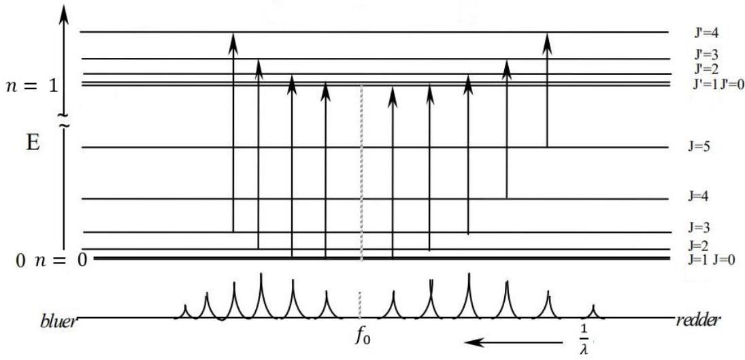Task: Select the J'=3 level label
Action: click(706, 54)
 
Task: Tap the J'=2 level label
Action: click(706, 69)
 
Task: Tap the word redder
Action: click(697, 321)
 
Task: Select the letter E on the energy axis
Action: click(32, 142)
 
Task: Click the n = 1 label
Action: click(31, 87)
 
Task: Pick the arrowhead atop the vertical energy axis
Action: click(64, 14)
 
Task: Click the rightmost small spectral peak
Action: click(593, 312)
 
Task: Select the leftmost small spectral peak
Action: click(185, 312)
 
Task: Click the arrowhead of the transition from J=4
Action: click(506, 69)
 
